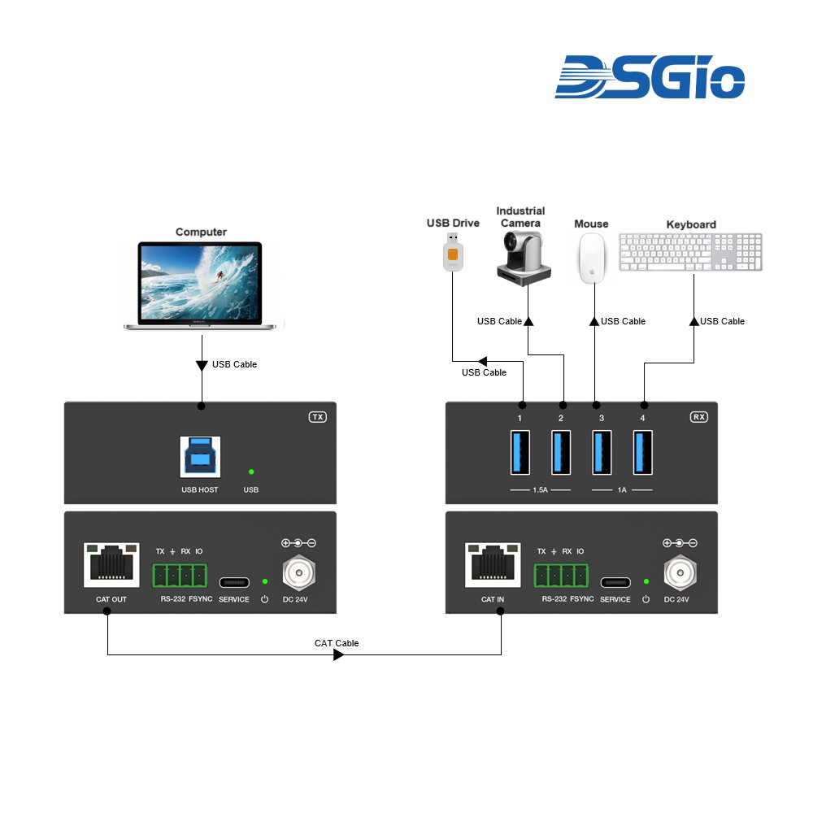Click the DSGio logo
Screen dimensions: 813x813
click(x=650, y=77)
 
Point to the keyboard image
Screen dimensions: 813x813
click(x=690, y=251)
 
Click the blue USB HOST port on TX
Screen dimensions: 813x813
click(x=199, y=457)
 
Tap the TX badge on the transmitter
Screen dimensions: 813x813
click(x=317, y=417)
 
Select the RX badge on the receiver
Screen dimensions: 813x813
click(x=698, y=417)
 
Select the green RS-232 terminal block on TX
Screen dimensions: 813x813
click(x=180, y=576)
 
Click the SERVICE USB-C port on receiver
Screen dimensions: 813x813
click(x=615, y=582)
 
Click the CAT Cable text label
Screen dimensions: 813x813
click(x=337, y=643)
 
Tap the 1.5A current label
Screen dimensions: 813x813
click(x=540, y=490)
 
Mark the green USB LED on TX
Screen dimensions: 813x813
click(x=251, y=471)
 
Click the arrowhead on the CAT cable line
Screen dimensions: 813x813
click(x=339, y=654)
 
